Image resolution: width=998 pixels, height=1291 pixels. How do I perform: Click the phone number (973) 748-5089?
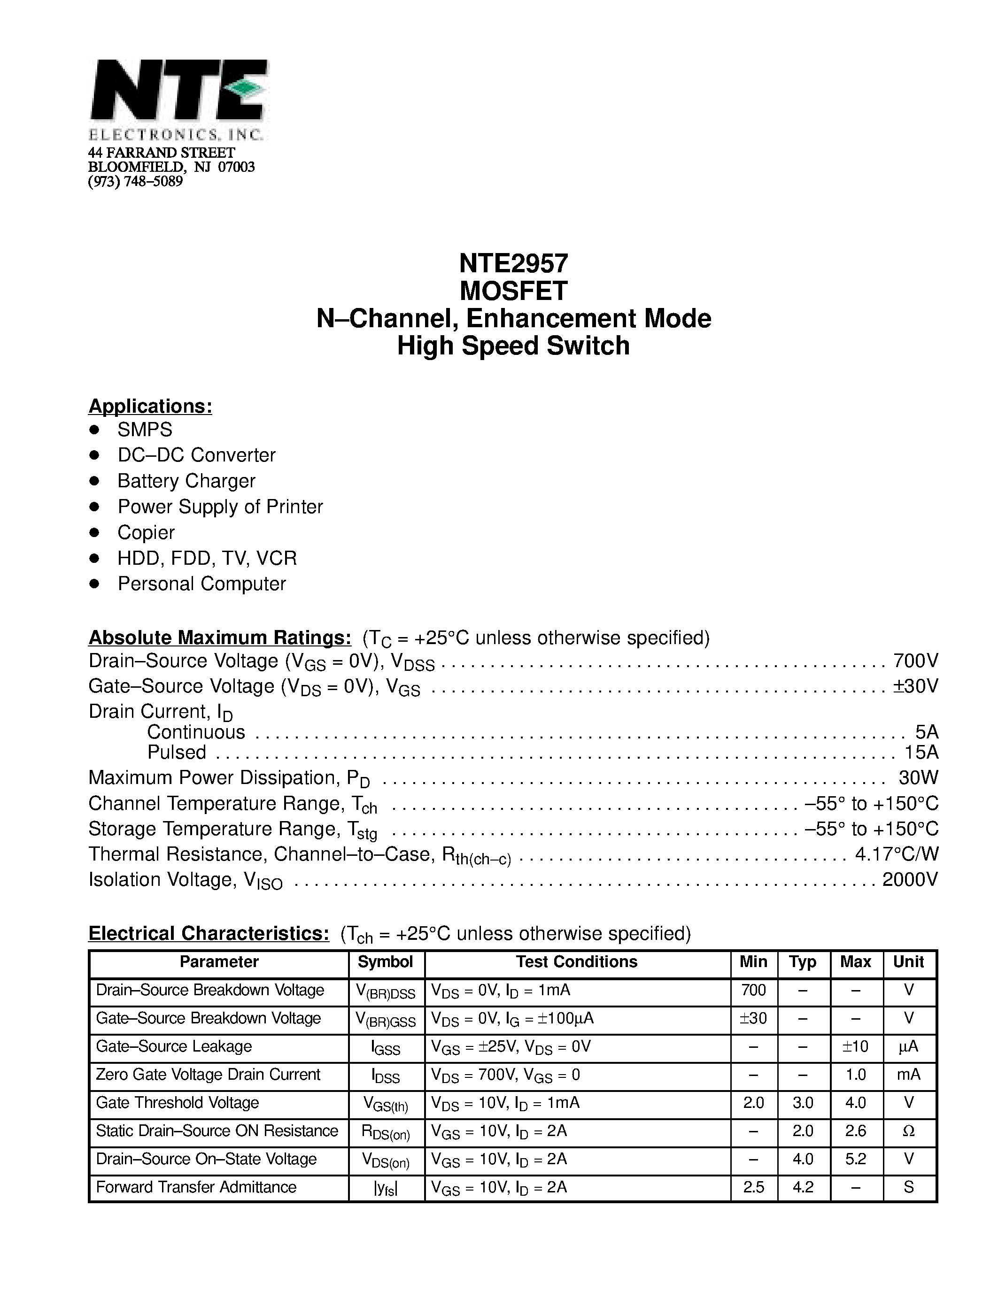pos(135,182)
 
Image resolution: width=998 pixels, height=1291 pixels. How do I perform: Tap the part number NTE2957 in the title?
pos(513,263)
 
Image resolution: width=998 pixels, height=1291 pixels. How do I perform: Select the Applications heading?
pos(150,406)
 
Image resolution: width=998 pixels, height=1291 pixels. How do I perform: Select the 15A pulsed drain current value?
pos(921,753)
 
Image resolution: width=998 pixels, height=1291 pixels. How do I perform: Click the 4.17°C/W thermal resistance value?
pos(896,854)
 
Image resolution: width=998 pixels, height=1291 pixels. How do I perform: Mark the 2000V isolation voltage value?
pos(910,880)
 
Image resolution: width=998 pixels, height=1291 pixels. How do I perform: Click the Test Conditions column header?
pos(576,962)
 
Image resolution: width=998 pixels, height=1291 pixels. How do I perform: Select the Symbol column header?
pos(386,962)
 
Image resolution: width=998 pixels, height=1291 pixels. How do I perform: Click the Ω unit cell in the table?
pos(909,1131)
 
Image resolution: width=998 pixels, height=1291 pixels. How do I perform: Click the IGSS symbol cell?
pos(386,1047)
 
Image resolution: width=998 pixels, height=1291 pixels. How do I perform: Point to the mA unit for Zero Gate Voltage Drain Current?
pos(909,1075)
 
